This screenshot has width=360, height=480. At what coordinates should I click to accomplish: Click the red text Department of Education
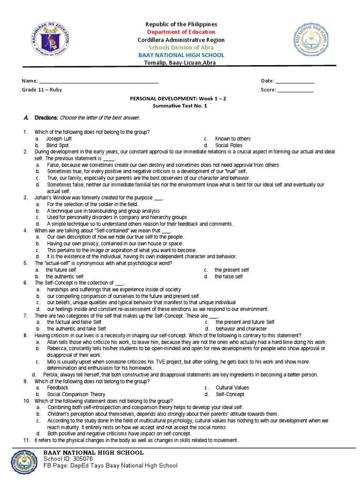coord(181,32)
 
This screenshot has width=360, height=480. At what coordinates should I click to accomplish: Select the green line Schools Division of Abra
coord(181,47)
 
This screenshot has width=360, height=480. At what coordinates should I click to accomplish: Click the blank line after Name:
coord(99,81)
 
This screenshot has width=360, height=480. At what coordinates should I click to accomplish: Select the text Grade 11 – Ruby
coord(42,90)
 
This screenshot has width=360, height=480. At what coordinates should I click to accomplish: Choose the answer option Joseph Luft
coord(59,139)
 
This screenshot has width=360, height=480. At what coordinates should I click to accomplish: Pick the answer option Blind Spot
coord(57,145)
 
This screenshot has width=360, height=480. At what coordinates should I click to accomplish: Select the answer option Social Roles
coord(229,145)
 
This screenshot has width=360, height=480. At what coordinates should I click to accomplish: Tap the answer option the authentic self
coord(64,277)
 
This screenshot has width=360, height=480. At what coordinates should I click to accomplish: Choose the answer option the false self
coord(229,277)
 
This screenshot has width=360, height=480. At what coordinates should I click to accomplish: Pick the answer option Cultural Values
coord(232,388)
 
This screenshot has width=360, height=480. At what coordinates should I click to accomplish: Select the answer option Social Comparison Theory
coord(76,394)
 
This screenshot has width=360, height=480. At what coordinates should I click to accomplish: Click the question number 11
coord(27,440)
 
